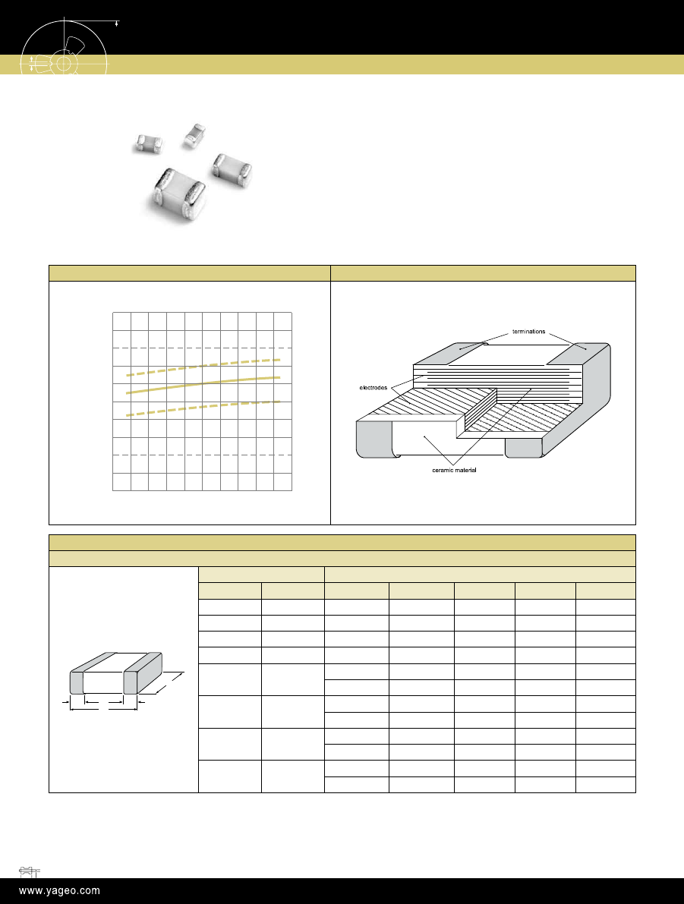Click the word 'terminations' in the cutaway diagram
coord(528,332)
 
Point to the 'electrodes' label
coord(374,387)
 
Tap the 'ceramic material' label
coord(455,471)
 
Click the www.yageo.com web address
coord(59,891)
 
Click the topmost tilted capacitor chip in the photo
coord(194,135)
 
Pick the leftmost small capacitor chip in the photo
coord(148,143)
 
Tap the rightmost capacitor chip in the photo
coord(232,169)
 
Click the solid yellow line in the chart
coord(203,385)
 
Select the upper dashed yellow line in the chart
coord(203,367)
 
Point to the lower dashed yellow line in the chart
coord(203,408)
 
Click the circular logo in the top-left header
coord(65,47)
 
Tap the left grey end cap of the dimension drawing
coord(77,682)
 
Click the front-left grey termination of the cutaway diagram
coord(375,439)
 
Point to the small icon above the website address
coord(29,871)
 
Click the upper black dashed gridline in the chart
coord(202,348)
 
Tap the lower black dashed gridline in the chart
coord(202,455)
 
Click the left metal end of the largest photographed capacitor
coord(164,191)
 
